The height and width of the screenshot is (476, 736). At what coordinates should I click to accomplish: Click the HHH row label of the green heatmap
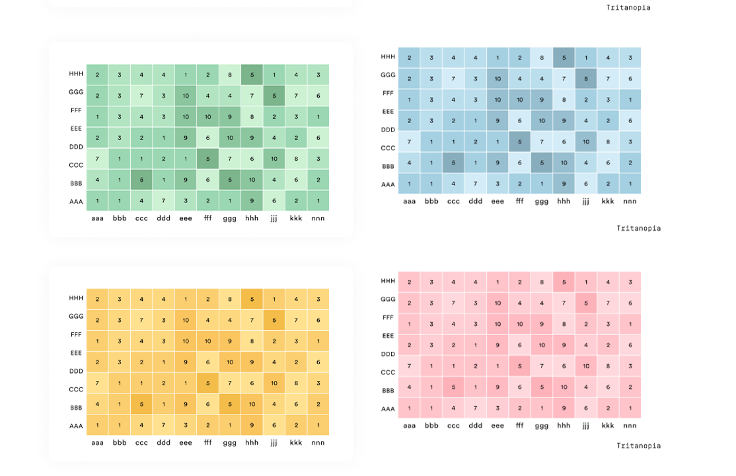coord(76,74)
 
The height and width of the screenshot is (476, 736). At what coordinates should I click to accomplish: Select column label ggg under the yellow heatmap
coord(230,442)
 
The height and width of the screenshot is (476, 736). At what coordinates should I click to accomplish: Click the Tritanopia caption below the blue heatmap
coord(638,228)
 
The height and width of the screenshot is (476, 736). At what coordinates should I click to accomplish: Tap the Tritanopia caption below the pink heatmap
coord(638,446)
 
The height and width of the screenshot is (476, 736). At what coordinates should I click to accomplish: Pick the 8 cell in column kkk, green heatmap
coord(296,159)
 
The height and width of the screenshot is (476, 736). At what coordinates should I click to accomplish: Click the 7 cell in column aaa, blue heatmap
coord(409,142)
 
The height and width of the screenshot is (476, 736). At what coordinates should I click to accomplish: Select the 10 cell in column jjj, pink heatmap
coord(585,366)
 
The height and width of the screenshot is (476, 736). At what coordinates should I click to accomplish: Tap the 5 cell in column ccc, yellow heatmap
coord(141,404)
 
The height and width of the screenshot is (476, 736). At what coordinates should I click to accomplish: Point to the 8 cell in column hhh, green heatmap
coord(252,117)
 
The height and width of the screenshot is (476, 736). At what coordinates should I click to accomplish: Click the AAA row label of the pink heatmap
coord(388,409)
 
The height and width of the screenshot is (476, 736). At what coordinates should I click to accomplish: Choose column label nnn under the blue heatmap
coord(630,201)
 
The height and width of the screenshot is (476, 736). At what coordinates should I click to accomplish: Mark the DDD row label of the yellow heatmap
coord(76,371)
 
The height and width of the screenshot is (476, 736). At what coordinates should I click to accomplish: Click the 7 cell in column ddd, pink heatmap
coord(475,408)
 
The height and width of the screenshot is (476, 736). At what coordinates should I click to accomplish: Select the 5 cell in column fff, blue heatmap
coord(519,142)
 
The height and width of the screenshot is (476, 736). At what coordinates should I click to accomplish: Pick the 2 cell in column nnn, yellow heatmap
coord(318,404)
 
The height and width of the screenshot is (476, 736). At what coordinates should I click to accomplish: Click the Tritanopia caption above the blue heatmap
coord(628,8)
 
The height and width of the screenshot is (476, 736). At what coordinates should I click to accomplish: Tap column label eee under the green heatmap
coord(186,218)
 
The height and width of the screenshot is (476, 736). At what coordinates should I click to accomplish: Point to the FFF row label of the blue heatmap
coord(388,93)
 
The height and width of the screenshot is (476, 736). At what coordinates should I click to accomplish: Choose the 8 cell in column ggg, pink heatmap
coord(541,282)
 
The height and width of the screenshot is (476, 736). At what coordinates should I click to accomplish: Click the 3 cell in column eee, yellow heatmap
coord(186,425)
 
